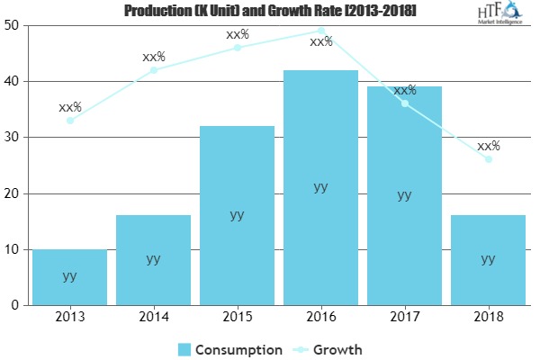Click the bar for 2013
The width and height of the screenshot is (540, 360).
click(x=69, y=276)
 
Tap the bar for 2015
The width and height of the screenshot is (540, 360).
click(x=237, y=215)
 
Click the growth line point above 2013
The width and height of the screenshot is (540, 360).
click(x=69, y=120)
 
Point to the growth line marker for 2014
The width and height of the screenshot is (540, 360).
click(x=153, y=70)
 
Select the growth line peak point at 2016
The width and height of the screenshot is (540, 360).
click(x=320, y=31)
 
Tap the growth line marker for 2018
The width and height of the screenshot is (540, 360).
click(x=488, y=159)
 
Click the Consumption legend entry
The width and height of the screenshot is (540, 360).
click(x=229, y=349)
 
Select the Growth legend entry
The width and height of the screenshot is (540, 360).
click(x=329, y=349)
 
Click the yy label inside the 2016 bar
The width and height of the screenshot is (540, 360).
click(x=320, y=187)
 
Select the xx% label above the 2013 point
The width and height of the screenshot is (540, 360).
click(x=69, y=106)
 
